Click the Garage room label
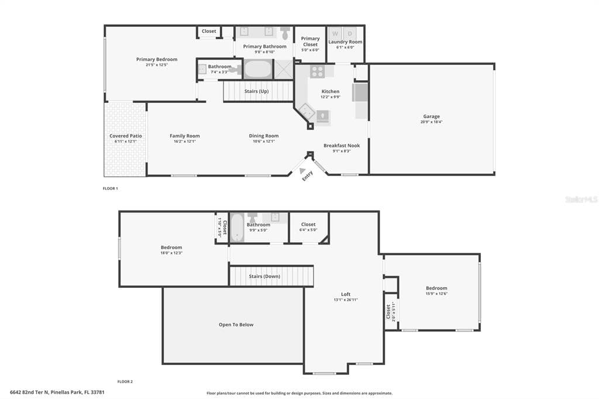[x=432, y=116]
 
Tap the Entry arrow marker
[x=302, y=171]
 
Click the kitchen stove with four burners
[x=317, y=71]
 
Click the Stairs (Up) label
[x=256, y=91]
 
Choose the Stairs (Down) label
[x=264, y=276]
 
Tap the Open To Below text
[x=236, y=325]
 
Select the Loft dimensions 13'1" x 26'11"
[x=346, y=300]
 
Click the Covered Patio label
[x=126, y=136]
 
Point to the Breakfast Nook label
[x=342, y=146]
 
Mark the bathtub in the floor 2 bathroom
[x=237, y=228]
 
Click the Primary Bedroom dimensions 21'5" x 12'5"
[x=157, y=65]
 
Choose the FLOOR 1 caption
[x=110, y=188]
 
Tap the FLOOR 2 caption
[x=125, y=381]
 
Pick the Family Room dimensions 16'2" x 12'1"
[x=185, y=141]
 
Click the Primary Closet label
[x=310, y=42]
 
